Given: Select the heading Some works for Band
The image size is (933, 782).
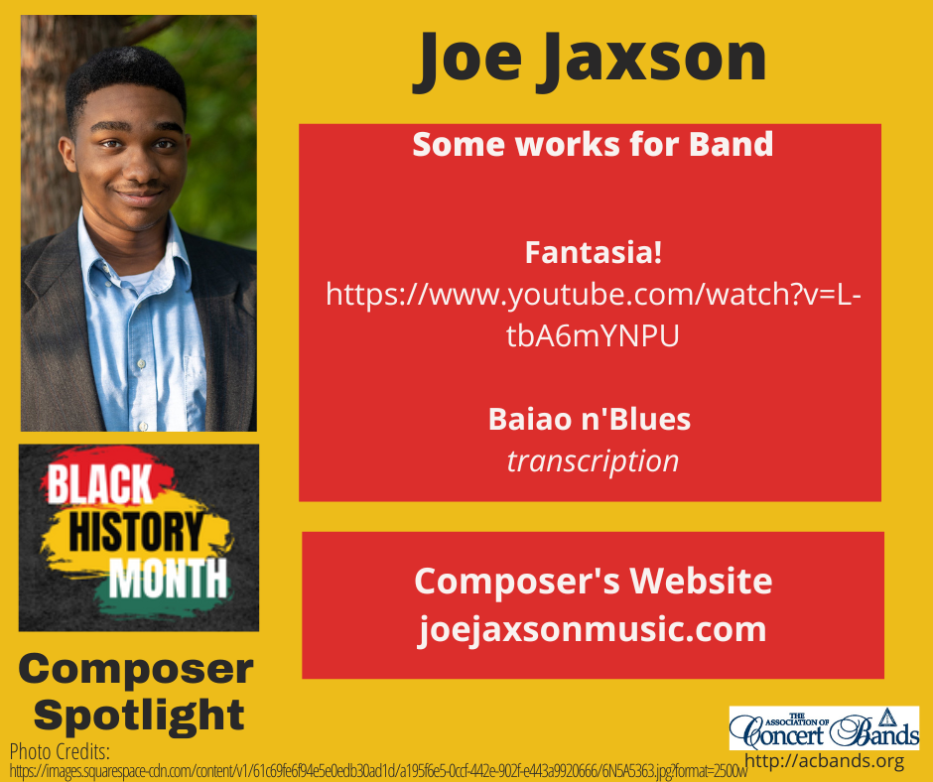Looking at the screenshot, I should click(593, 145).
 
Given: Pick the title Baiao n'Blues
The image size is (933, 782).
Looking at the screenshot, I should click(590, 419).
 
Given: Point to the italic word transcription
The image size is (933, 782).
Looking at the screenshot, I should click(593, 460).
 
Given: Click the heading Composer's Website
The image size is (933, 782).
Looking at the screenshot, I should click(593, 581).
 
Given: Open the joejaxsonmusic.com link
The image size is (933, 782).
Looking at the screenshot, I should click(593, 629).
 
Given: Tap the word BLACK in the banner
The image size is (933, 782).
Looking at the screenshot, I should click(99, 487).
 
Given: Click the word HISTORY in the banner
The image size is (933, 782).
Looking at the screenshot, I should click(139, 533).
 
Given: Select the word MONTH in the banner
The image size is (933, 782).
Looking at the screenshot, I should click(168, 579).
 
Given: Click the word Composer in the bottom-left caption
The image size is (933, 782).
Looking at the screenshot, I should click(136, 669).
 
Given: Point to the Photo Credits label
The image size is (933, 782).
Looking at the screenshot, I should click(60, 750).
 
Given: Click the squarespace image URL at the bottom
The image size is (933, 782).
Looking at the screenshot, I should click(377, 769).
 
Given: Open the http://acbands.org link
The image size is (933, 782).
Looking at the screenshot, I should click(824, 761).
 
